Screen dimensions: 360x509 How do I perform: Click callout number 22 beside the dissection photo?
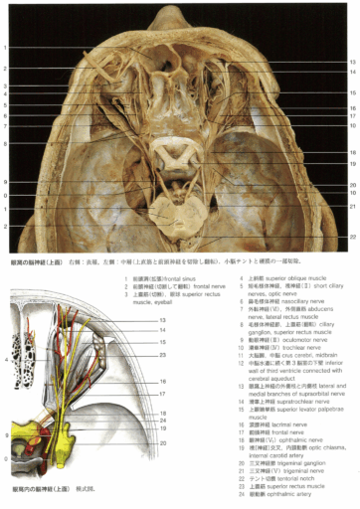click(x=351, y=237)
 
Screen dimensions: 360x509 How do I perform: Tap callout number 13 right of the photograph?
click(x=351, y=62)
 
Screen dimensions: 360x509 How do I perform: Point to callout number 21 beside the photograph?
click(x=351, y=206)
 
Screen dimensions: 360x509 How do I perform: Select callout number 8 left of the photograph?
click(x=5, y=183)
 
